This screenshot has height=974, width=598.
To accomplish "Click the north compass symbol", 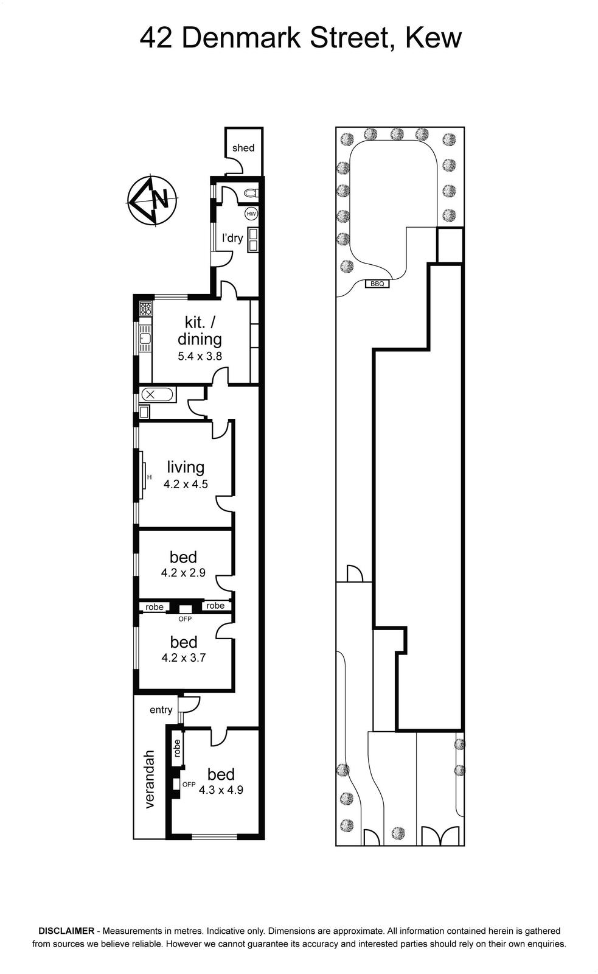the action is [152, 200].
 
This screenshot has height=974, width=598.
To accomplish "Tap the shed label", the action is [243, 148].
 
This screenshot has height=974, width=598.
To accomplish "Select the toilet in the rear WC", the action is [250, 192].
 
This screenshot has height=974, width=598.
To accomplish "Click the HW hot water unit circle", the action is [251, 214].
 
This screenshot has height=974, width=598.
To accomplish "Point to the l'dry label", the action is [232, 238].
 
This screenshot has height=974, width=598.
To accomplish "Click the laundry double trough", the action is [252, 240].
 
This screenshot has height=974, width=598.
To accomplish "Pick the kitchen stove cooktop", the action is [145, 309].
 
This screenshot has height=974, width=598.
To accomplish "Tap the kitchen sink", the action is [145, 338].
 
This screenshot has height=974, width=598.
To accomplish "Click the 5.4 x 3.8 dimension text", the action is [200, 356].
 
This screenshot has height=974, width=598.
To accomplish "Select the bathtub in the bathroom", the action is [158, 395].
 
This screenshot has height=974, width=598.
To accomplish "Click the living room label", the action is [186, 467].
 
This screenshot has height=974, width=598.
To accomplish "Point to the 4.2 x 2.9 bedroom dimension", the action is [183, 573].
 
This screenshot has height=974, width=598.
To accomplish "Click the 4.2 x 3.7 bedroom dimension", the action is [183, 657].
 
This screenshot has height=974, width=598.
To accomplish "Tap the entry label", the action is [161, 710].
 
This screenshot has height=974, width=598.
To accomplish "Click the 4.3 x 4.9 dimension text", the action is [221, 790].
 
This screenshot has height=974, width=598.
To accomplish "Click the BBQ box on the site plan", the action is [377, 284].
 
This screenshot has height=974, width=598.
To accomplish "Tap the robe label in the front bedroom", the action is [177, 748].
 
